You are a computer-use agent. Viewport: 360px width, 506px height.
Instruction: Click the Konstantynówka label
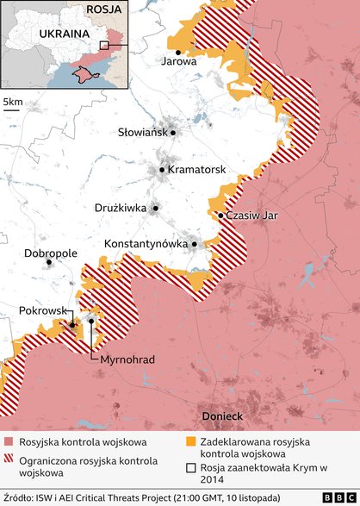point(146,244)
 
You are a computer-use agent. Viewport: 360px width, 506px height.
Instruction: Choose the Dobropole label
point(51,253)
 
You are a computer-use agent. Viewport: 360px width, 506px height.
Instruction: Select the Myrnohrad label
point(127,359)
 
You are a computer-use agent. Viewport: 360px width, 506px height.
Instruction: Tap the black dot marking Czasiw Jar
point(221,216)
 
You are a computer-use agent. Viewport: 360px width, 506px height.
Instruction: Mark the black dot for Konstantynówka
point(195,244)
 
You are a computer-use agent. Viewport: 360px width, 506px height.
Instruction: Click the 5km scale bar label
point(14,103)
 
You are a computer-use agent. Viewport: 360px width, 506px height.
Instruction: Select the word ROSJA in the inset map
point(102,10)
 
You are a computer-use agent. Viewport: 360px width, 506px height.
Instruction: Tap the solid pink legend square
point(8,441)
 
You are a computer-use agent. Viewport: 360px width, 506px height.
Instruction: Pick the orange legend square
point(190,441)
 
